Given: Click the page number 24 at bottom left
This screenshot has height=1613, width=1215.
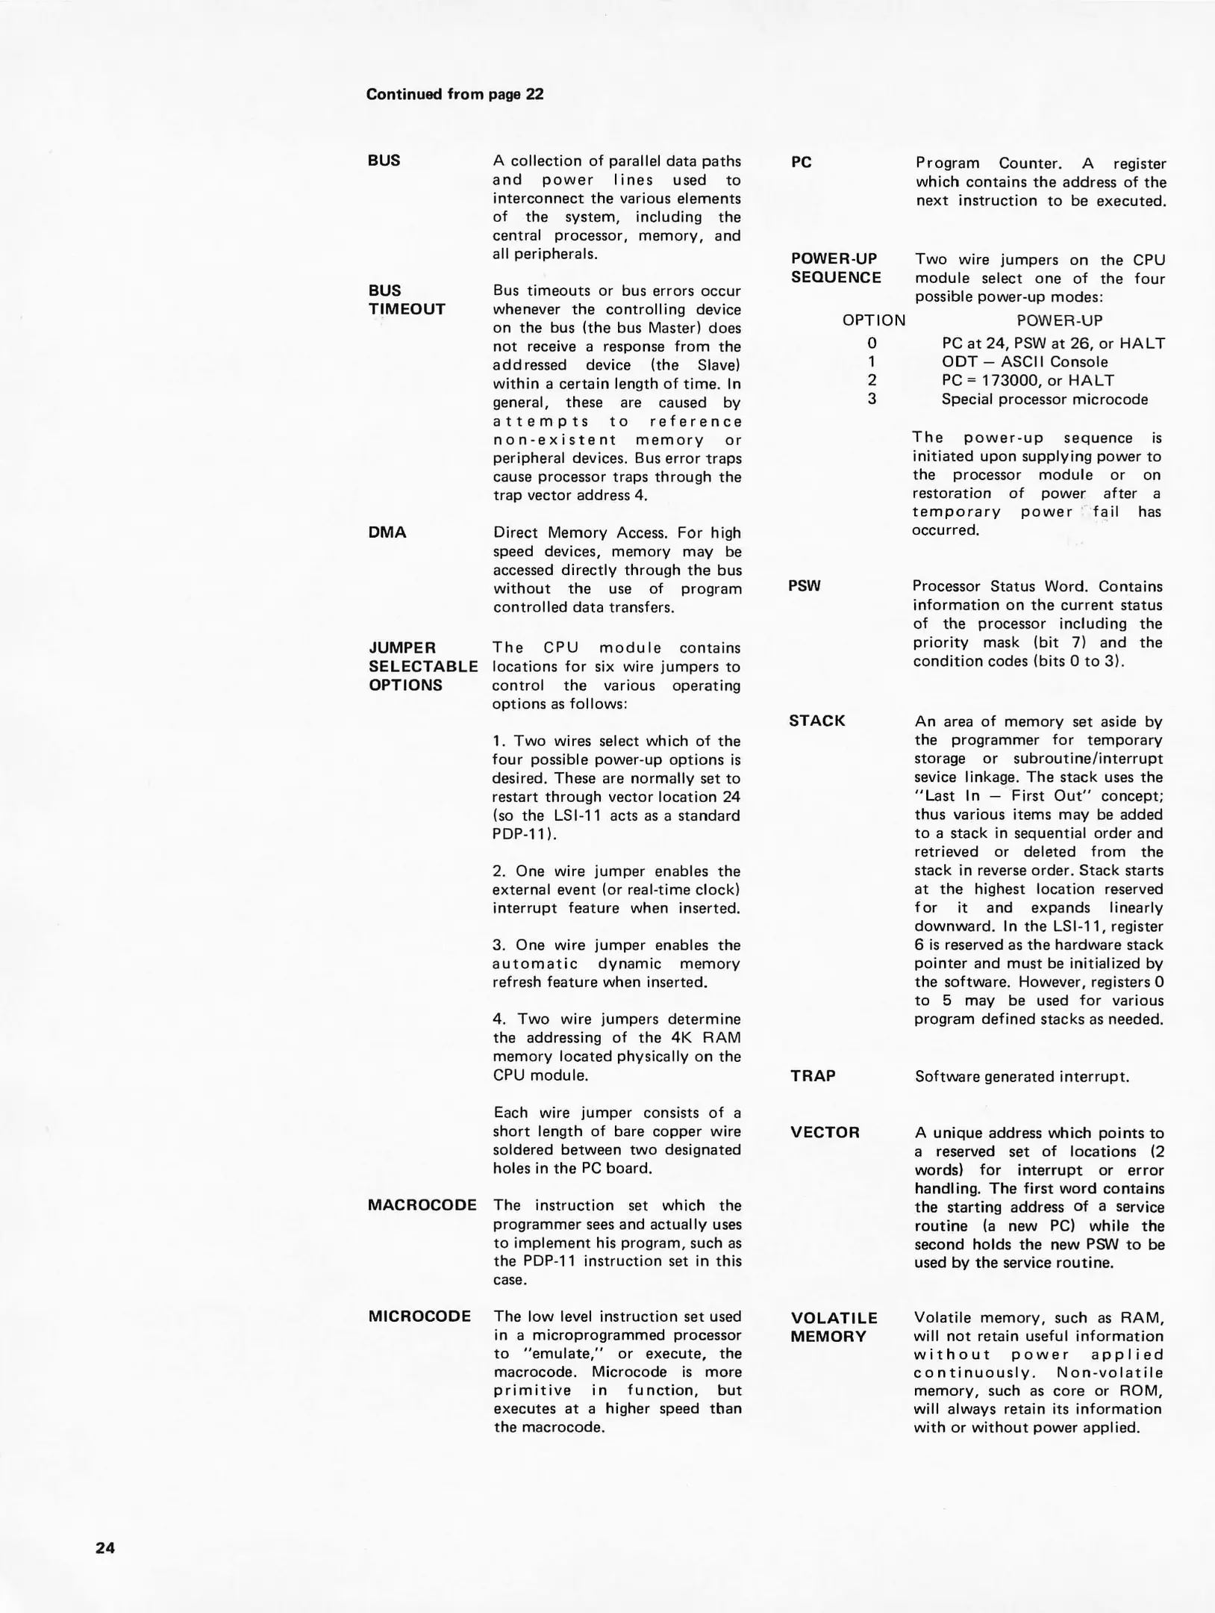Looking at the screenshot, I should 105,1547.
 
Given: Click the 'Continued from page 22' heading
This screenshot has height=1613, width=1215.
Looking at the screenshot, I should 455,94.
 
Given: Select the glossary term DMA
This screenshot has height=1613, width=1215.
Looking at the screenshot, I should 387,532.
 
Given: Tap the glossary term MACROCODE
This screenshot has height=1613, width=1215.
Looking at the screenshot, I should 422,1205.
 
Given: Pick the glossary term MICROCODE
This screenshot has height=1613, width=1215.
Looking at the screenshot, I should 419,1316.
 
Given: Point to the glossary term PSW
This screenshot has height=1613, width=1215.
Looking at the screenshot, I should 805,586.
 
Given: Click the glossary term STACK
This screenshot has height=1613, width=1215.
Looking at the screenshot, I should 817,721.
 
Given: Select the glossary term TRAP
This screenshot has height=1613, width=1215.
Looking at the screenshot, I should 813,1075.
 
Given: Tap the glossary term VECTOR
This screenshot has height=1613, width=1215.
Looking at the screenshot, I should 825,1132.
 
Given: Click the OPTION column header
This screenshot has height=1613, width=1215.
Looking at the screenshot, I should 874,320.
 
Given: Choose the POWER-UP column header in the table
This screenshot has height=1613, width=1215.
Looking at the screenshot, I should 1059,320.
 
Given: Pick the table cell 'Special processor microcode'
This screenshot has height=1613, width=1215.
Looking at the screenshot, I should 1045,399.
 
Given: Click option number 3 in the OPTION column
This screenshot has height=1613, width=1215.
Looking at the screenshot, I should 872,399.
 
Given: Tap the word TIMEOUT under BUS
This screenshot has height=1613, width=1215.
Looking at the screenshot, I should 407,308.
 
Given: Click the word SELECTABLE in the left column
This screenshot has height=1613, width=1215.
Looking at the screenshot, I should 423,666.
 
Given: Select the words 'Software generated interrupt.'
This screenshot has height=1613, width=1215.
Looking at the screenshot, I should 1022,1076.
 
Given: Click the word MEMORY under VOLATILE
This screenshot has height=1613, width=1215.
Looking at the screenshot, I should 828,1336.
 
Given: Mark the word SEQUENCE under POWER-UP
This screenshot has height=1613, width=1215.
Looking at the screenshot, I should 836,277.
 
